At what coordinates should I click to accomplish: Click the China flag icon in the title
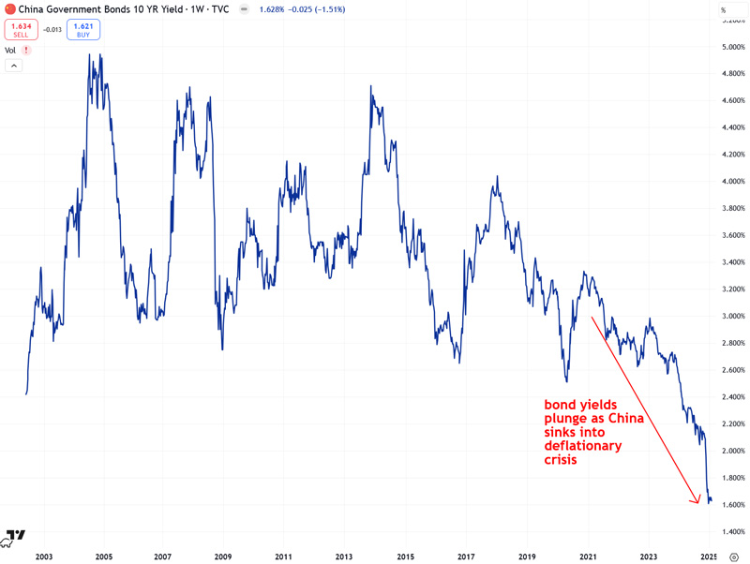[x=10, y=10]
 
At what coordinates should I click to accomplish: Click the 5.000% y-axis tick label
[x=733, y=46]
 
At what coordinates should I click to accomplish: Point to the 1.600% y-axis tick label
[x=733, y=505]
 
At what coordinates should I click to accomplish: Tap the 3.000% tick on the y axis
[x=733, y=316]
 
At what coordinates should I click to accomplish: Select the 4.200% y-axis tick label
[x=733, y=154]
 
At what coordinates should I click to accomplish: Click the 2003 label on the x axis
[x=43, y=557]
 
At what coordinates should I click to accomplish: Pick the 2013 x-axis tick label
[x=344, y=557]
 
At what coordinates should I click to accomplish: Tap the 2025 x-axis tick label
[x=709, y=557]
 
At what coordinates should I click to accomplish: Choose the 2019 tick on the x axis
[x=527, y=557]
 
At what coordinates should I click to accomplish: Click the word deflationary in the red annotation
[x=584, y=447]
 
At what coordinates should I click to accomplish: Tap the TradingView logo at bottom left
[x=14, y=537]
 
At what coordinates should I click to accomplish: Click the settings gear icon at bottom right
[x=734, y=557]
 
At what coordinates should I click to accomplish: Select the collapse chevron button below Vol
[x=13, y=66]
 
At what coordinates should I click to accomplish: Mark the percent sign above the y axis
[x=723, y=10]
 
